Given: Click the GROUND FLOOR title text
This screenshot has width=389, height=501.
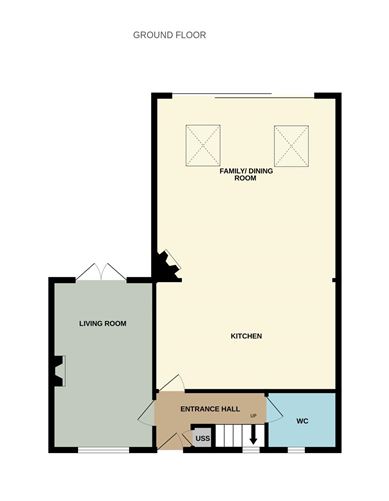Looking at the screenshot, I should click(x=169, y=35).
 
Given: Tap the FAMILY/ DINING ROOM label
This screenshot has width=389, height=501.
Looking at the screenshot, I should click(x=246, y=175).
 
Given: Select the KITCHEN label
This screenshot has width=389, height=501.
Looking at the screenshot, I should click(x=246, y=336).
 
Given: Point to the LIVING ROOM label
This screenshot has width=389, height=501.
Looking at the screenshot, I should click(x=102, y=324).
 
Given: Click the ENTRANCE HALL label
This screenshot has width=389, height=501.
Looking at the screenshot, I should click(x=209, y=409).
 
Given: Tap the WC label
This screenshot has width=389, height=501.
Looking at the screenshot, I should click(x=302, y=421).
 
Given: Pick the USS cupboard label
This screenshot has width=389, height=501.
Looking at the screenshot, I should click(x=202, y=438).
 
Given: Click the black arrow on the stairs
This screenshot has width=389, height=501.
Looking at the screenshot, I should click(x=252, y=436).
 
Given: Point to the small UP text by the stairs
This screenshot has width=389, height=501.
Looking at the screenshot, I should click(x=254, y=415).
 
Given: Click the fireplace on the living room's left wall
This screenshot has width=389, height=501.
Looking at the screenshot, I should click(x=58, y=370).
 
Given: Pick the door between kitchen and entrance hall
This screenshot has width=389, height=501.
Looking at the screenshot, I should click(x=168, y=385).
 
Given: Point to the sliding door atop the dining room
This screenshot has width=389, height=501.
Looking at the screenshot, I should click(x=237, y=95).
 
